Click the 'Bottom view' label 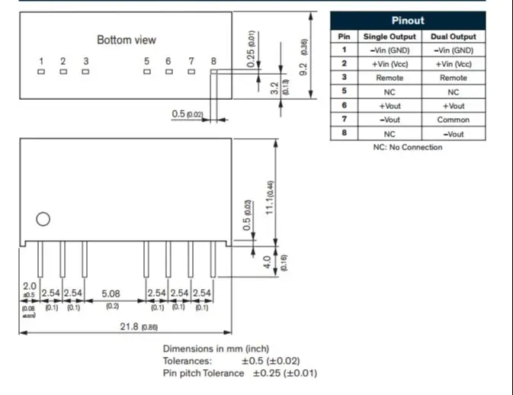point(126,40)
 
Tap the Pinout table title point(408,21)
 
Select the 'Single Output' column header point(390,37)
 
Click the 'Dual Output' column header point(454,37)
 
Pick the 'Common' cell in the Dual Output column point(454,120)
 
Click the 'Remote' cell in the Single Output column point(390,78)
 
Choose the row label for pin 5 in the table point(344,92)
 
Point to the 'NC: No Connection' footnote point(407,147)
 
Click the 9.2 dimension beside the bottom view point(303,67)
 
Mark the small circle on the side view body point(43,219)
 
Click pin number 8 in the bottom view point(213,61)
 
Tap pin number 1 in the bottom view point(41,61)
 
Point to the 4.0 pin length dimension point(267,262)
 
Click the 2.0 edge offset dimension point(30,286)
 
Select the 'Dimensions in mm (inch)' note point(216,348)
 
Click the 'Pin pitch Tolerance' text point(204,373)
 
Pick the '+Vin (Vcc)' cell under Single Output point(390,64)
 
